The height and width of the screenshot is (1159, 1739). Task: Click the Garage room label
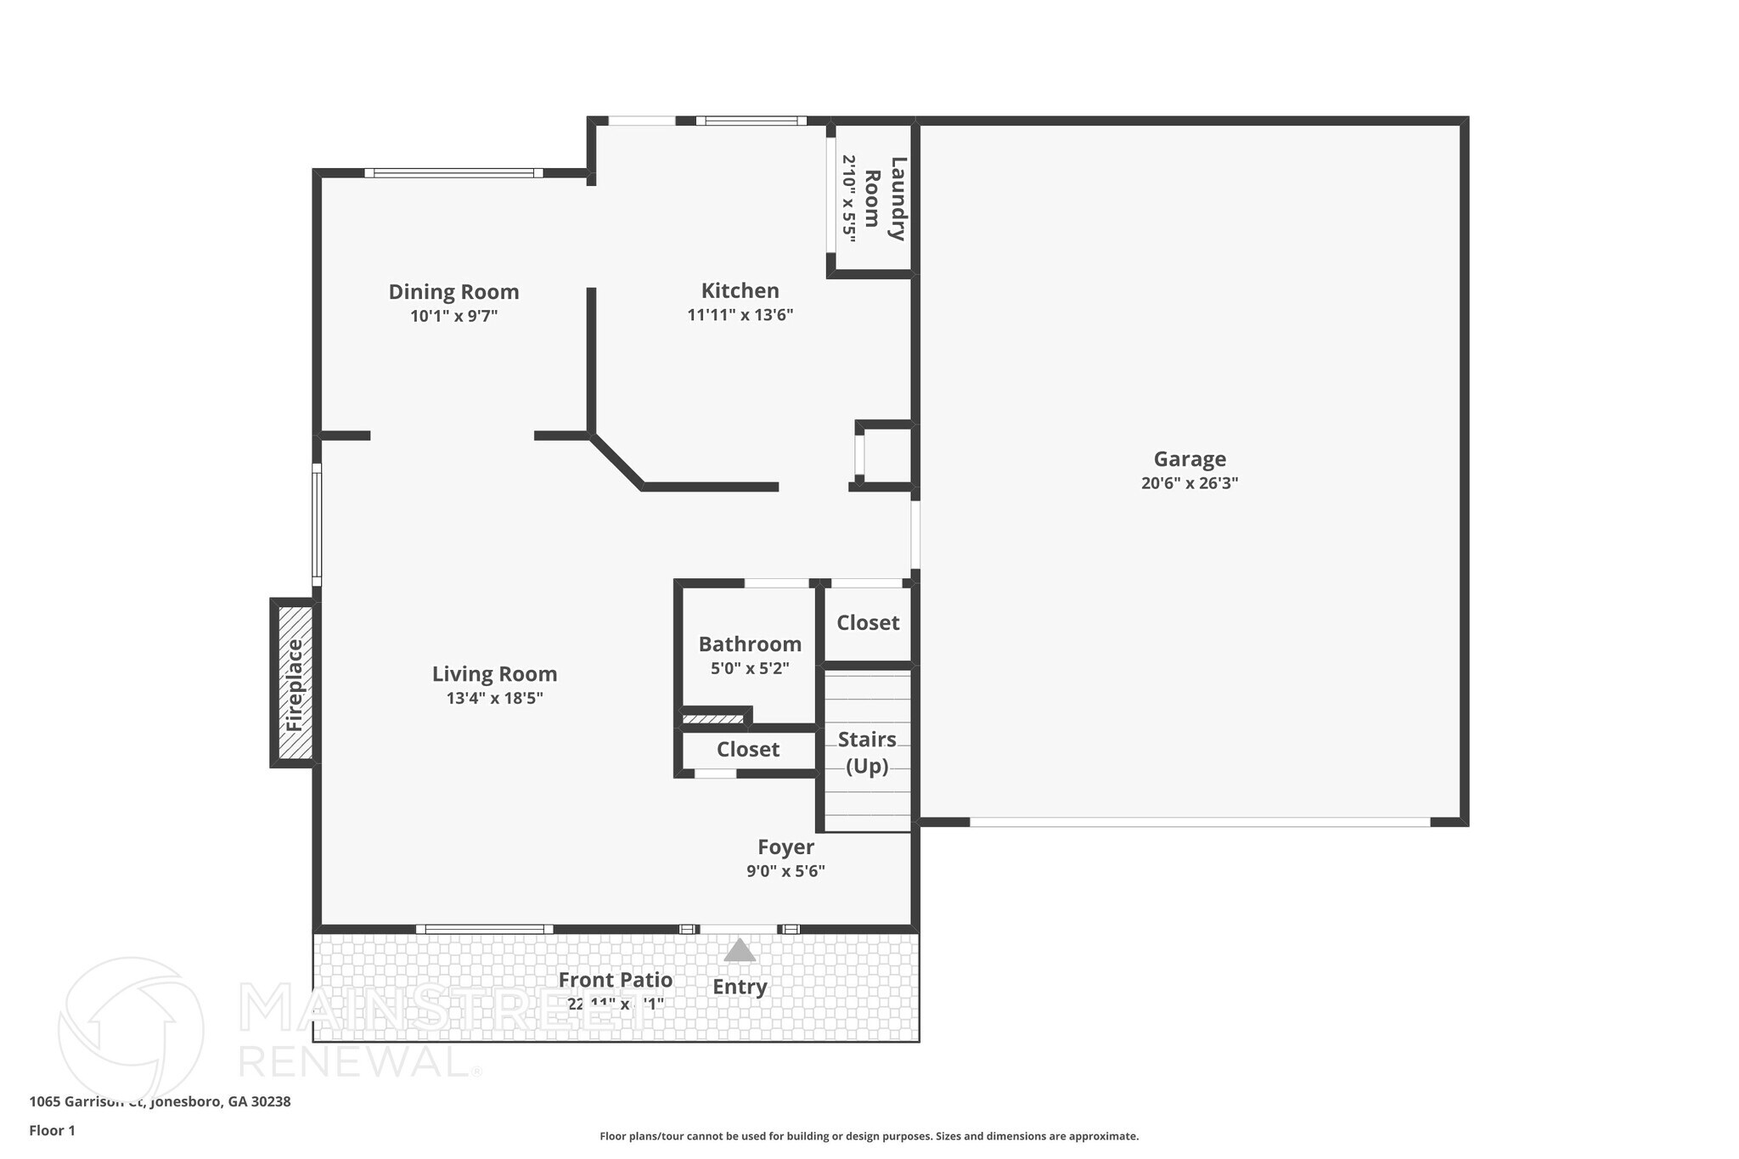coord(1189,459)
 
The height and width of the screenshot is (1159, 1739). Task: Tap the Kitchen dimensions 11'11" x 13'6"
coord(740,315)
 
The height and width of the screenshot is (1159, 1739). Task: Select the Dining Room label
coord(453,292)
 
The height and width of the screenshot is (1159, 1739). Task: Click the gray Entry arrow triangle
coord(740,950)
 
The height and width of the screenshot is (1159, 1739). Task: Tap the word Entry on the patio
coord(740,987)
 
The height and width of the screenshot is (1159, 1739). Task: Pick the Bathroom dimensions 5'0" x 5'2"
coord(750,668)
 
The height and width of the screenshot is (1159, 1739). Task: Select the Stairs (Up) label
coord(867,752)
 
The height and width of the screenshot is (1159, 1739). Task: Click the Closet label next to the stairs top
coord(868,623)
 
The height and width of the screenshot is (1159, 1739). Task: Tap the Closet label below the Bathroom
coord(747,750)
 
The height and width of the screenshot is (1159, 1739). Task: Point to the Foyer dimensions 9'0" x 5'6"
coord(785,871)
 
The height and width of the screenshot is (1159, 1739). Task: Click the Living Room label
coord(494,674)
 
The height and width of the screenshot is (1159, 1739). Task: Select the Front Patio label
coord(615,980)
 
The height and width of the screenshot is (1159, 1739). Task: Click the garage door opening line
coord(1199,822)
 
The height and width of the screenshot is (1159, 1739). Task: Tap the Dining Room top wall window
coord(454,173)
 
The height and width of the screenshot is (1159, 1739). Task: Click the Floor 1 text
coord(52,1130)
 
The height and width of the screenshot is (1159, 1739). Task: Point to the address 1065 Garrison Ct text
coord(160,1101)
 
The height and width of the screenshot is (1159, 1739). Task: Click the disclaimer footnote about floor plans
coord(869,1136)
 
